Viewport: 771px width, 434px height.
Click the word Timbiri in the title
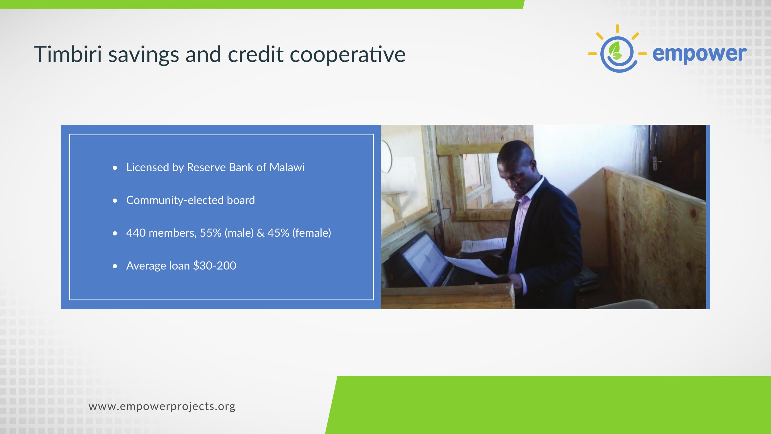[68, 54]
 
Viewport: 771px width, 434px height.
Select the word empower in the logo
[700, 54]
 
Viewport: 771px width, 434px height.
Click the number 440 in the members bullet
[136, 233]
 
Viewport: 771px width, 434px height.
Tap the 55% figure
[211, 233]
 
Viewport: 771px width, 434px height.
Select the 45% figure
[278, 233]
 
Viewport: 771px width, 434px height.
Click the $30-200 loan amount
[215, 266]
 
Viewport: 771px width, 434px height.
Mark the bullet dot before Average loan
[115, 266]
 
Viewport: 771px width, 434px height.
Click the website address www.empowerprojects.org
[162, 407]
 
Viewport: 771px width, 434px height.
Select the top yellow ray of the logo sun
[617, 29]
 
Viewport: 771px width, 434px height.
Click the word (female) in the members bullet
[311, 233]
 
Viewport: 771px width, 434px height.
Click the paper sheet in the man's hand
[473, 266]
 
